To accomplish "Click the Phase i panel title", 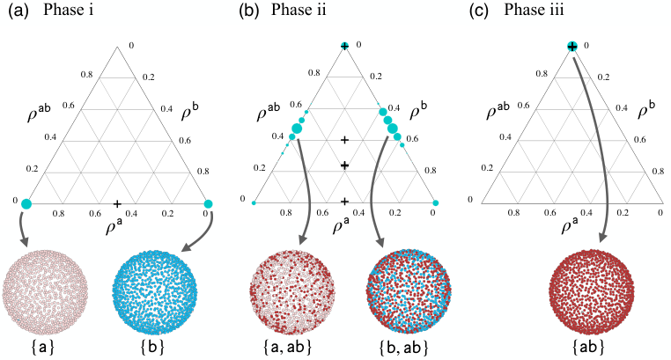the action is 68,10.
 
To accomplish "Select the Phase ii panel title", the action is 299,10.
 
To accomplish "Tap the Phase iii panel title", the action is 534,10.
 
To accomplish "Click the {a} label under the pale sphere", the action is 43,347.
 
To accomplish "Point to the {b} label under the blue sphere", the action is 152,347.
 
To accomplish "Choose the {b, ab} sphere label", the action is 404,347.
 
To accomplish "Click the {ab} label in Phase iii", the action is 588,347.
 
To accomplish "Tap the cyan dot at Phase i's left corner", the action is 26,203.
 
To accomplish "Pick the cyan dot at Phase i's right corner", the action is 209,203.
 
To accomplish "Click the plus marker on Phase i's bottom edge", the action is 117,204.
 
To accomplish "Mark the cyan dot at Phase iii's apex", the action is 572,46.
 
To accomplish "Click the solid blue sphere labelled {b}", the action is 154,291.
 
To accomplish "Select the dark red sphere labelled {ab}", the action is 592,291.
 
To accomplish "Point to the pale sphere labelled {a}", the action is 45,291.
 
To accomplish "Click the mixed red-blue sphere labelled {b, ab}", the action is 409,291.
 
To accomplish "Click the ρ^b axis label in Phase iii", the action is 646,111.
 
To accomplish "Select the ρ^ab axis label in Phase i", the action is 39,112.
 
